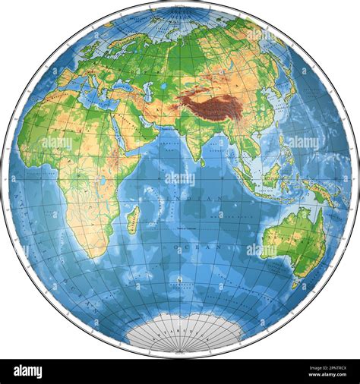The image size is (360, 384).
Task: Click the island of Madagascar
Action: pos(132,221)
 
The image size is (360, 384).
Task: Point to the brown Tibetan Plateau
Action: pos(209,105)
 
